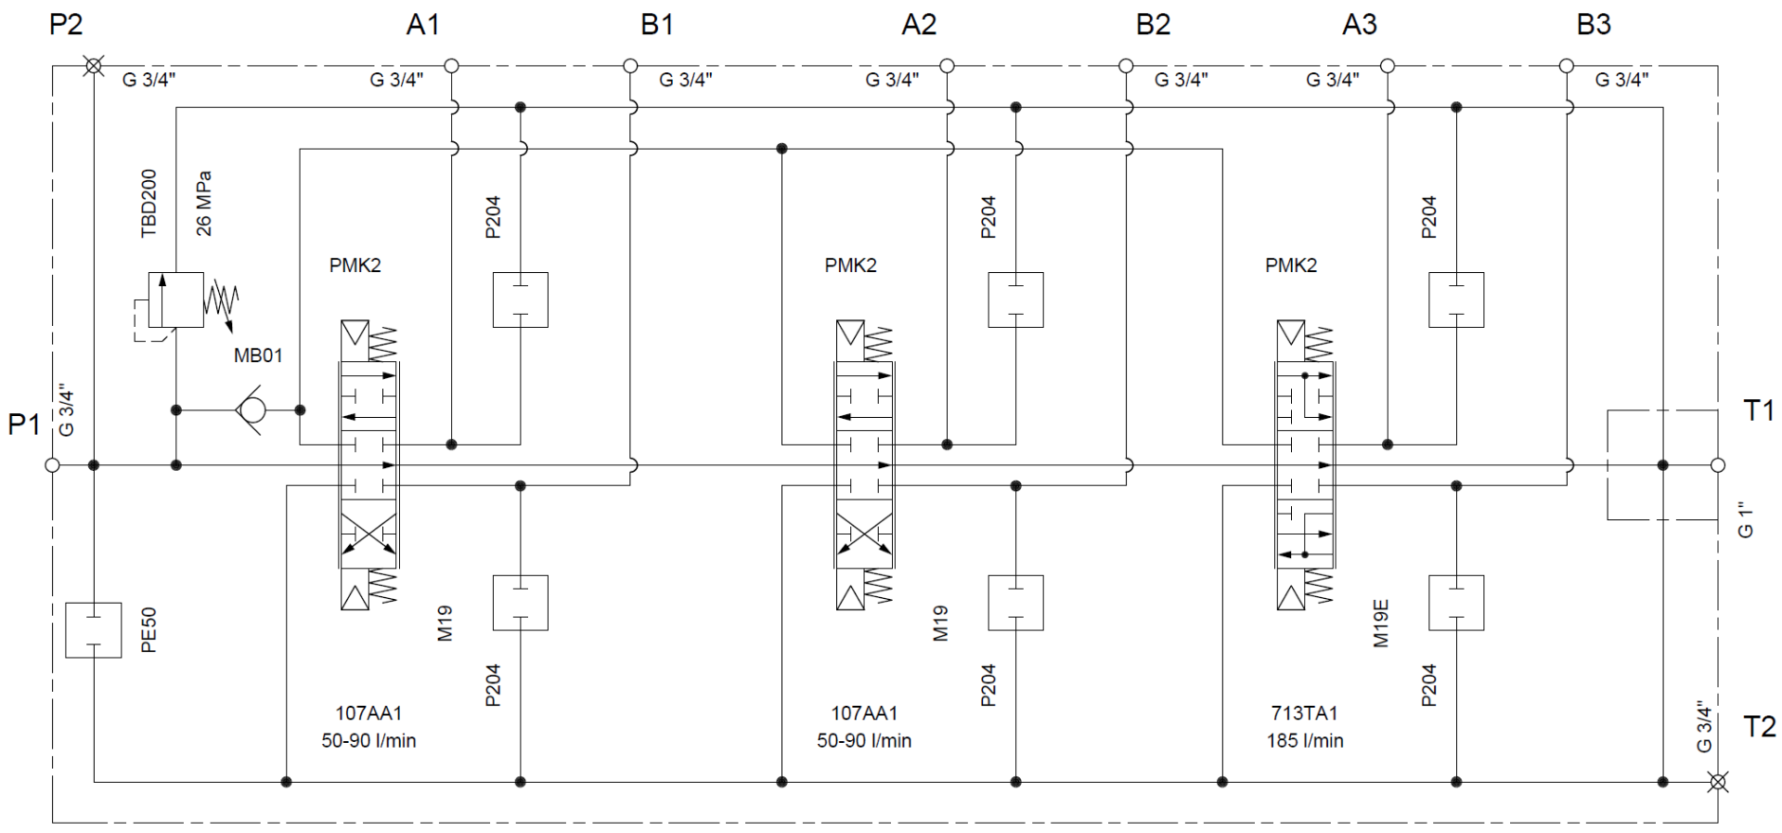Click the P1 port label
click(x=24, y=425)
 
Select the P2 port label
click(x=66, y=25)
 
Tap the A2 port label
click(x=919, y=25)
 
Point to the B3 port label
click(x=1594, y=25)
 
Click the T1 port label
click(x=1759, y=410)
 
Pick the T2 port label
click(x=1759, y=726)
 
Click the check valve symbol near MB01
click(x=252, y=410)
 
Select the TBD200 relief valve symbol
click(x=176, y=299)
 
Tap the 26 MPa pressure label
click(x=204, y=203)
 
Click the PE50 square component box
click(x=94, y=630)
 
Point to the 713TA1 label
click(x=1304, y=713)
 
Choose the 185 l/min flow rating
click(x=1305, y=741)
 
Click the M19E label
click(x=1381, y=623)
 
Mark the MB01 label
click(x=258, y=356)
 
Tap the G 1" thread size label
click(x=1746, y=520)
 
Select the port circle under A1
click(x=452, y=66)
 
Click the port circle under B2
click(x=1126, y=66)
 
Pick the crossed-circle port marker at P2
click(x=93, y=66)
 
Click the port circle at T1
click(x=1718, y=465)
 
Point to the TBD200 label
click(x=149, y=203)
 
